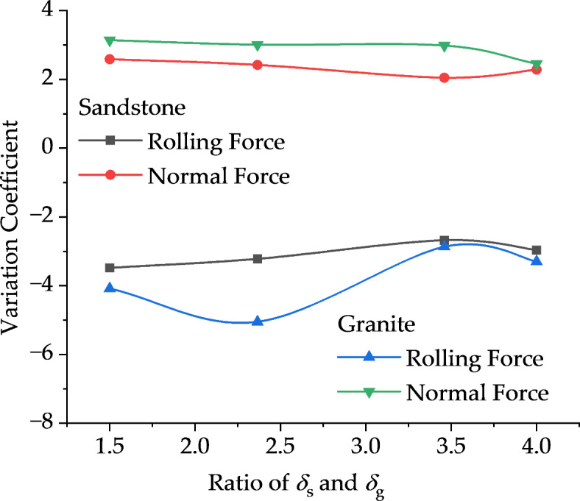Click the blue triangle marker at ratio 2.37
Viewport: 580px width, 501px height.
click(x=258, y=321)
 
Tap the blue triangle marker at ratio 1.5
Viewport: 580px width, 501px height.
click(x=110, y=288)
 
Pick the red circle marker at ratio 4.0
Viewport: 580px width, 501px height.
click(x=537, y=69)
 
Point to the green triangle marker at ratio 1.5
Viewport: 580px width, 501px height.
click(x=110, y=40)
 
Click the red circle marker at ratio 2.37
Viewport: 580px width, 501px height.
click(x=258, y=65)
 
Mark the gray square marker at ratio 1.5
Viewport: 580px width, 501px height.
click(x=110, y=268)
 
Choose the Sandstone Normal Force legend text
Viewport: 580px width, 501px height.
click(x=219, y=177)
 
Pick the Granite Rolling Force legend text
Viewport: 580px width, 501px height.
click(x=474, y=358)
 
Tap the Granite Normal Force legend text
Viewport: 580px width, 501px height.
click(x=477, y=392)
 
